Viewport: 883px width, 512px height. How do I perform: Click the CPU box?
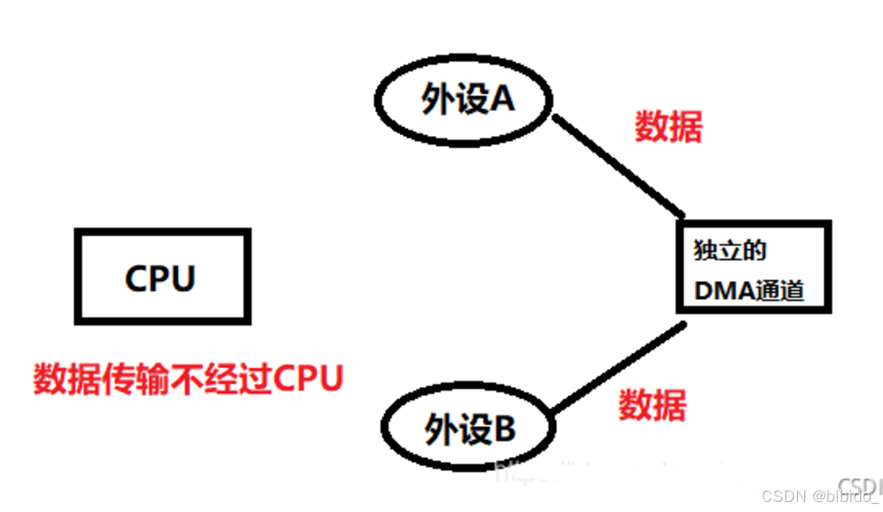pos(161,276)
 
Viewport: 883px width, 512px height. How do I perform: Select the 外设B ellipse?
pos(469,429)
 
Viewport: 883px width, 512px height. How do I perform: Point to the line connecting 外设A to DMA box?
pos(619,167)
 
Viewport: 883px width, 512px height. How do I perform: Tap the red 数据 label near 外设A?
pos(667,128)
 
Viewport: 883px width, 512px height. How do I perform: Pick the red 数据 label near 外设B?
pos(652,403)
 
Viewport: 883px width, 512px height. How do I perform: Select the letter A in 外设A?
pos(502,100)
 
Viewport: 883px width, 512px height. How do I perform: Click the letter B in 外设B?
pos(504,429)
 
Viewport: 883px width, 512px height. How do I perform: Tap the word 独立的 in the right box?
pos(731,250)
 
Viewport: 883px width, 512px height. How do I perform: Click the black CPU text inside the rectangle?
pos(160,277)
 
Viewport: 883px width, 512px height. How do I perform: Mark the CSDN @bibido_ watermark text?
pos(820,496)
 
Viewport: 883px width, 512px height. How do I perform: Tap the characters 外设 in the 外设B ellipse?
pos(456,429)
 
